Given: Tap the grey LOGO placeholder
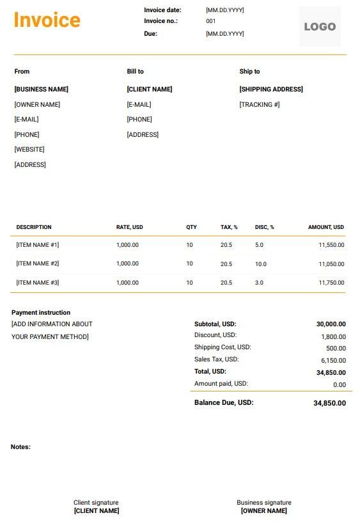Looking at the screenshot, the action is tap(320, 27).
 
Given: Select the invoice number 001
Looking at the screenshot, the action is tap(211, 21).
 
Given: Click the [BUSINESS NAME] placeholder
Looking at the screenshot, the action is tap(41, 90).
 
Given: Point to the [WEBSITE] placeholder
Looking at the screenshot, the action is tap(29, 150).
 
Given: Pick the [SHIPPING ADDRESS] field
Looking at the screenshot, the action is tap(271, 90).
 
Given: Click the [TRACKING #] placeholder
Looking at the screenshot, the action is tap(260, 105).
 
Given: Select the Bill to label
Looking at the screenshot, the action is tap(135, 72).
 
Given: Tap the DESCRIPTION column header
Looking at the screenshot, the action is tap(34, 227).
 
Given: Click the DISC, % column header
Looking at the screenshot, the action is tap(264, 227).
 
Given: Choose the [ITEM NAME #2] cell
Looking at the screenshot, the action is tap(38, 264).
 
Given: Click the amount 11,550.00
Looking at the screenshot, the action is tap(331, 245).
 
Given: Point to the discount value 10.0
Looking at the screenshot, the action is tap(260, 264).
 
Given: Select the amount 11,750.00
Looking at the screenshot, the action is tap(331, 283).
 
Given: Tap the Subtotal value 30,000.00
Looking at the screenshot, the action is tap(331, 324).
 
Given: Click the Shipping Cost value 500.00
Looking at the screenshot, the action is tap(335, 349).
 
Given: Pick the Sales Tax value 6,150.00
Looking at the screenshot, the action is tap(333, 361).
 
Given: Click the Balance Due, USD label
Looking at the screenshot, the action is tap(224, 403).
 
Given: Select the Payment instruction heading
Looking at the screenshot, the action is tap(41, 313).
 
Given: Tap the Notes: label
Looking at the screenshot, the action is tap(20, 447).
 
